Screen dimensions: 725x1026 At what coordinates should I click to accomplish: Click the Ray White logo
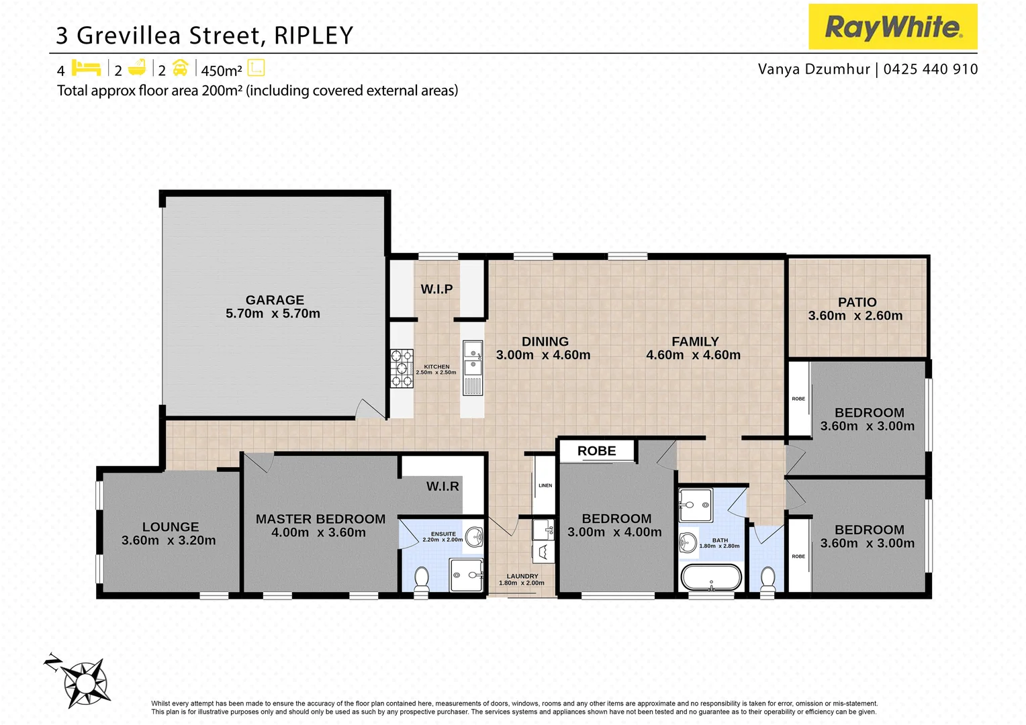pyautogui.click(x=892, y=27)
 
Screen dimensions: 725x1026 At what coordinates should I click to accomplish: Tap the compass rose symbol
pyautogui.click(x=85, y=683)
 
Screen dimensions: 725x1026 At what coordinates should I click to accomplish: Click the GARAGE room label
pyautogui.click(x=275, y=300)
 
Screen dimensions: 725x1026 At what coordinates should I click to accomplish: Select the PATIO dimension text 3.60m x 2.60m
pyautogui.click(x=855, y=316)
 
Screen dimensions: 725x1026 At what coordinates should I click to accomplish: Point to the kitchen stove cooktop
pyautogui.click(x=402, y=369)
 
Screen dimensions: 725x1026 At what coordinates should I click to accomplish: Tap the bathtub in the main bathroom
pyautogui.click(x=711, y=577)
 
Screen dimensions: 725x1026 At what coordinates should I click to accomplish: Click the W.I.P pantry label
pyautogui.click(x=436, y=289)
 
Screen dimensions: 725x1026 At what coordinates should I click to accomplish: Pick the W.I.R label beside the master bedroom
pyautogui.click(x=442, y=486)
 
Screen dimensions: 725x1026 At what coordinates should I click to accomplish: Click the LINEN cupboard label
pyautogui.click(x=545, y=485)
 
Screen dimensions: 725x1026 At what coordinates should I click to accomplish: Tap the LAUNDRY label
pyautogui.click(x=522, y=576)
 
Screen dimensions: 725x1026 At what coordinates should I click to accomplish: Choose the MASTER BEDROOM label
pyautogui.click(x=320, y=519)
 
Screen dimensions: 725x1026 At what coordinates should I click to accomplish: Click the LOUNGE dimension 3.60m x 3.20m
pyautogui.click(x=169, y=540)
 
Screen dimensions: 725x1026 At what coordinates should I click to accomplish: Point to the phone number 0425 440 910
pyautogui.click(x=931, y=69)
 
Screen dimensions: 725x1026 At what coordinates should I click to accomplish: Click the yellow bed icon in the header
pyautogui.click(x=86, y=68)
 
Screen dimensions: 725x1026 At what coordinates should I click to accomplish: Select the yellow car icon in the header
pyautogui.click(x=180, y=68)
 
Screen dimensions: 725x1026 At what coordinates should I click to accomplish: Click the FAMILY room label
pyautogui.click(x=695, y=342)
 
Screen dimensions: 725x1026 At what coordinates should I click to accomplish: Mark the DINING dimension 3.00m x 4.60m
pyautogui.click(x=543, y=355)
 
